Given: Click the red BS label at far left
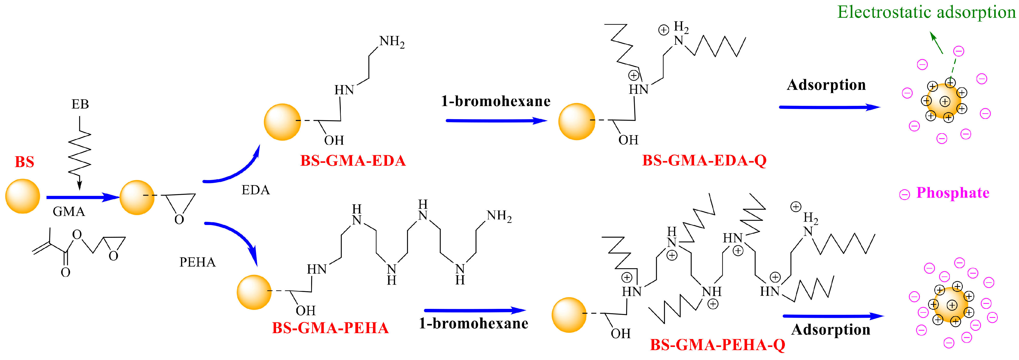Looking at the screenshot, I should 25,162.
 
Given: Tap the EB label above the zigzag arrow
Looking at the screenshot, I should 80,104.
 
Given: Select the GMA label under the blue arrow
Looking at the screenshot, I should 69,212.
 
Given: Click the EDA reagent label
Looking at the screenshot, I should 256,190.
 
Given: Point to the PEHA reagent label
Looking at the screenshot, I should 197,262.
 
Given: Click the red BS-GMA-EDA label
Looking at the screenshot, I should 353,161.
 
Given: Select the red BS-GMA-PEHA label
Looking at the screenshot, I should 330,328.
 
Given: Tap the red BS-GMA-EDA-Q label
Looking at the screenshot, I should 704,161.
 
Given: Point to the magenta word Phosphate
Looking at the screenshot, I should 953,193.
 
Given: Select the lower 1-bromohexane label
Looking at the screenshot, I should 473,324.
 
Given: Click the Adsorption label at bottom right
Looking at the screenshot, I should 831,330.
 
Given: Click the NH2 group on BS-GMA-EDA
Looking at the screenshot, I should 392,41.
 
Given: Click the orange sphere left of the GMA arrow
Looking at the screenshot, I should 22,196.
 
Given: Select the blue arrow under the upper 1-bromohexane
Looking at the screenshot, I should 496,121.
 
